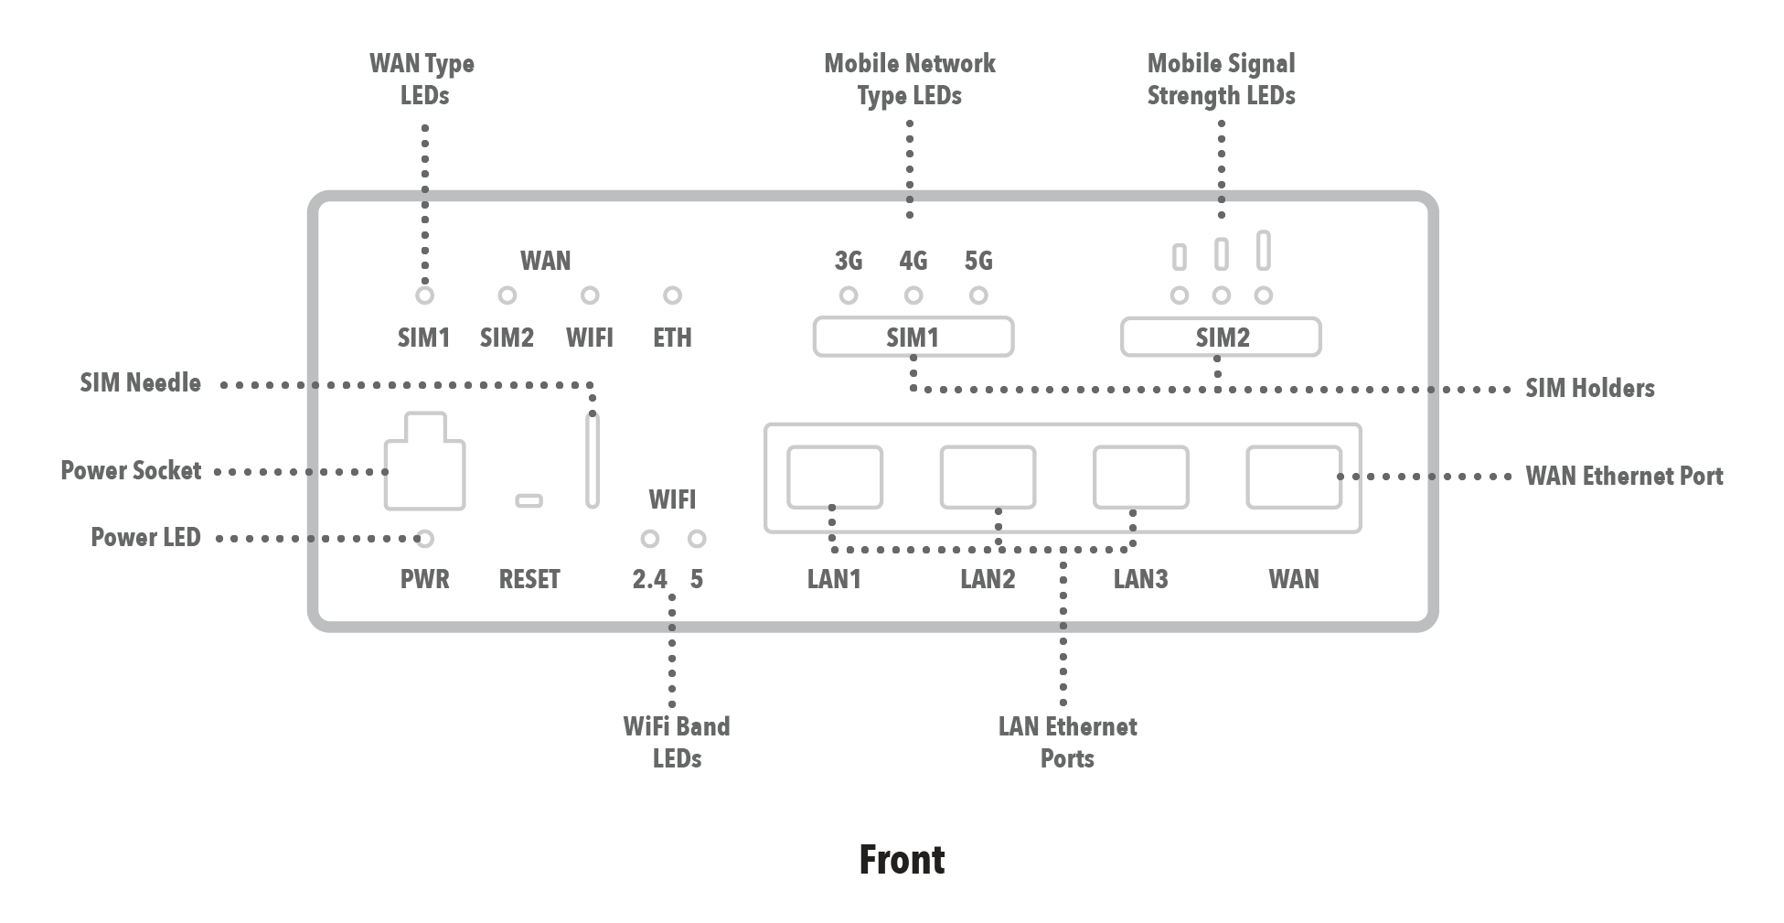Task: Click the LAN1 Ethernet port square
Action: coord(834,477)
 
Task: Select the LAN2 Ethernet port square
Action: coord(988,477)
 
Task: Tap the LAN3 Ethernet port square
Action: coord(1140,477)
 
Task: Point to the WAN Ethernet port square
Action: coord(1294,477)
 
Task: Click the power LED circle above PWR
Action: coord(424,539)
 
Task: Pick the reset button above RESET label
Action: coord(529,500)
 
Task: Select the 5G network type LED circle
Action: coord(978,295)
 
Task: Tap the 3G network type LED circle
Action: coord(849,295)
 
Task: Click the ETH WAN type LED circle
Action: coord(672,295)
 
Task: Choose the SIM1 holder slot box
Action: coord(913,337)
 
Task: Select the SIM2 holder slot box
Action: coord(1221,337)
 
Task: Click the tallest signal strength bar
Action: coord(1263,251)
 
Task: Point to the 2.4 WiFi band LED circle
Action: coord(649,539)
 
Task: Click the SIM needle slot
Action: coord(593,460)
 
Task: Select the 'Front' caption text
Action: coord(902,860)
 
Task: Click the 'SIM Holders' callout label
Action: coord(1589,389)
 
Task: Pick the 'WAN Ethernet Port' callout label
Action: coord(1624,477)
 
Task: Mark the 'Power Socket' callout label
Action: coord(131,471)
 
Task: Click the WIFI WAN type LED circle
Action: coord(590,295)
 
